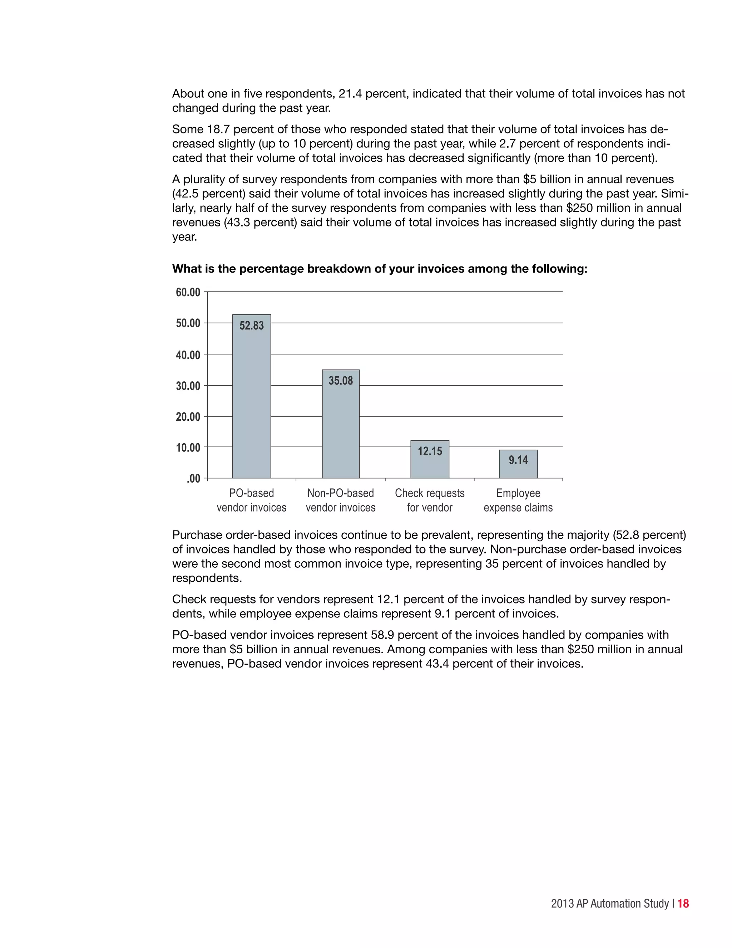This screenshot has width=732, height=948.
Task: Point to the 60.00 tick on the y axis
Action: pos(188,292)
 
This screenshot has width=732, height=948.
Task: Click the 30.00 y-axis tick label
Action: pos(188,386)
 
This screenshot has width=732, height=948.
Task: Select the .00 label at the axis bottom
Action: pos(193,479)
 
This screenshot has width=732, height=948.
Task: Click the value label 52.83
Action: pos(252,326)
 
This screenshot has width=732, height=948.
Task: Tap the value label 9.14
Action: pos(518,460)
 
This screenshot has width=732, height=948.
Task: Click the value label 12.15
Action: pos(430,451)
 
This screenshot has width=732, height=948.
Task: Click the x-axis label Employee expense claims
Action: pos(518,500)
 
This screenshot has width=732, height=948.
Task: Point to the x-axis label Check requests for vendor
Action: pos(430,500)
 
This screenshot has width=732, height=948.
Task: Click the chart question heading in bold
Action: pos(380,269)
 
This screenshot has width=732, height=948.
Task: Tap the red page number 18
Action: pos(683,903)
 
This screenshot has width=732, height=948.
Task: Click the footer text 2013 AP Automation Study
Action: pos(610,904)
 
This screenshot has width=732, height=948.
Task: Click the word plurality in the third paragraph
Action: pos(208,179)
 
